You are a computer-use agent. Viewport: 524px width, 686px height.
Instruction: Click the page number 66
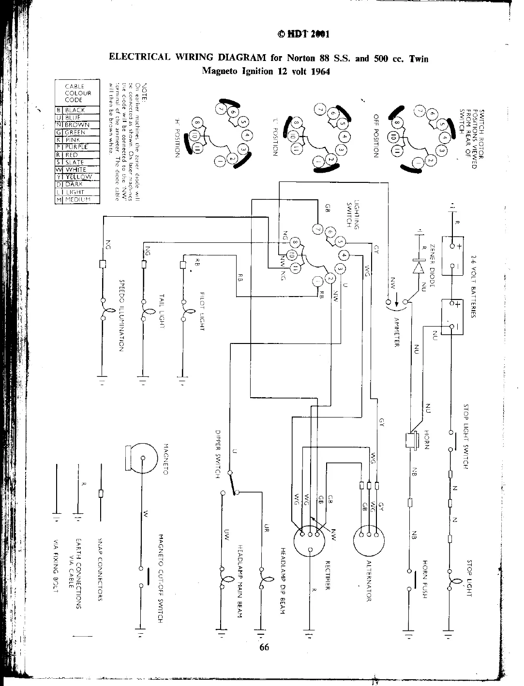click(x=264, y=648)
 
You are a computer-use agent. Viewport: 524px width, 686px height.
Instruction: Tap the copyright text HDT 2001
click(x=303, y=34)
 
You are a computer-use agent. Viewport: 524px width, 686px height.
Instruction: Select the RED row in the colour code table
click(x=77, y=155)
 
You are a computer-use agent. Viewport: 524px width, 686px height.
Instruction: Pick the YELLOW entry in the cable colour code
click(x=77, y=177)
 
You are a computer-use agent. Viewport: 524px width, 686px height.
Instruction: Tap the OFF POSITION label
click(x=375, y=136)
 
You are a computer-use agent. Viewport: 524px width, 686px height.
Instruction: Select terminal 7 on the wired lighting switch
click(x=317, y=229)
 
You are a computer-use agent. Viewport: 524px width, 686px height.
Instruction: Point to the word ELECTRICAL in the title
click(x=138, y=58)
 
